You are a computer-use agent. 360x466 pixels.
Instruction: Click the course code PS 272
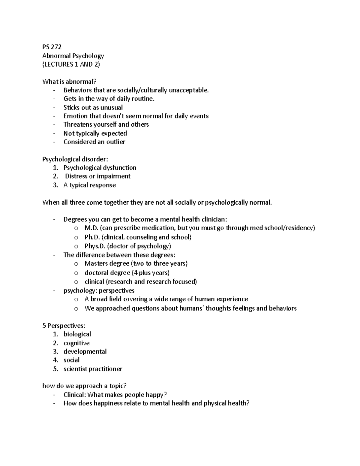tap(52, 47)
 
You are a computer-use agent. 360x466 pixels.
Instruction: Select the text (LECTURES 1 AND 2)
tap(71, 64)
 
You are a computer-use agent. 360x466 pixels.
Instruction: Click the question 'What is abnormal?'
tap(70, 82)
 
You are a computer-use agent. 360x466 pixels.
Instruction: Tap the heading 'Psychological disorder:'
tap(75, 159)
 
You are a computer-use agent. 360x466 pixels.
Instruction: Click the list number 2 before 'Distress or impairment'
tap(55, 176)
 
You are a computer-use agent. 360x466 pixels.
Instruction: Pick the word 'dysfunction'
tap(120, 168)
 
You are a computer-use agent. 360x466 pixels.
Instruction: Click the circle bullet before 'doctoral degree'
tap(76, 273)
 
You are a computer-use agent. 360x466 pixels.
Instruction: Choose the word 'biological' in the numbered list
tap(77, 334)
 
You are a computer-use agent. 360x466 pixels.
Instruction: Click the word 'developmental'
tap(85, 352)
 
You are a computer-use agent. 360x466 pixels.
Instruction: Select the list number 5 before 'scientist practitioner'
tap(55, 369)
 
